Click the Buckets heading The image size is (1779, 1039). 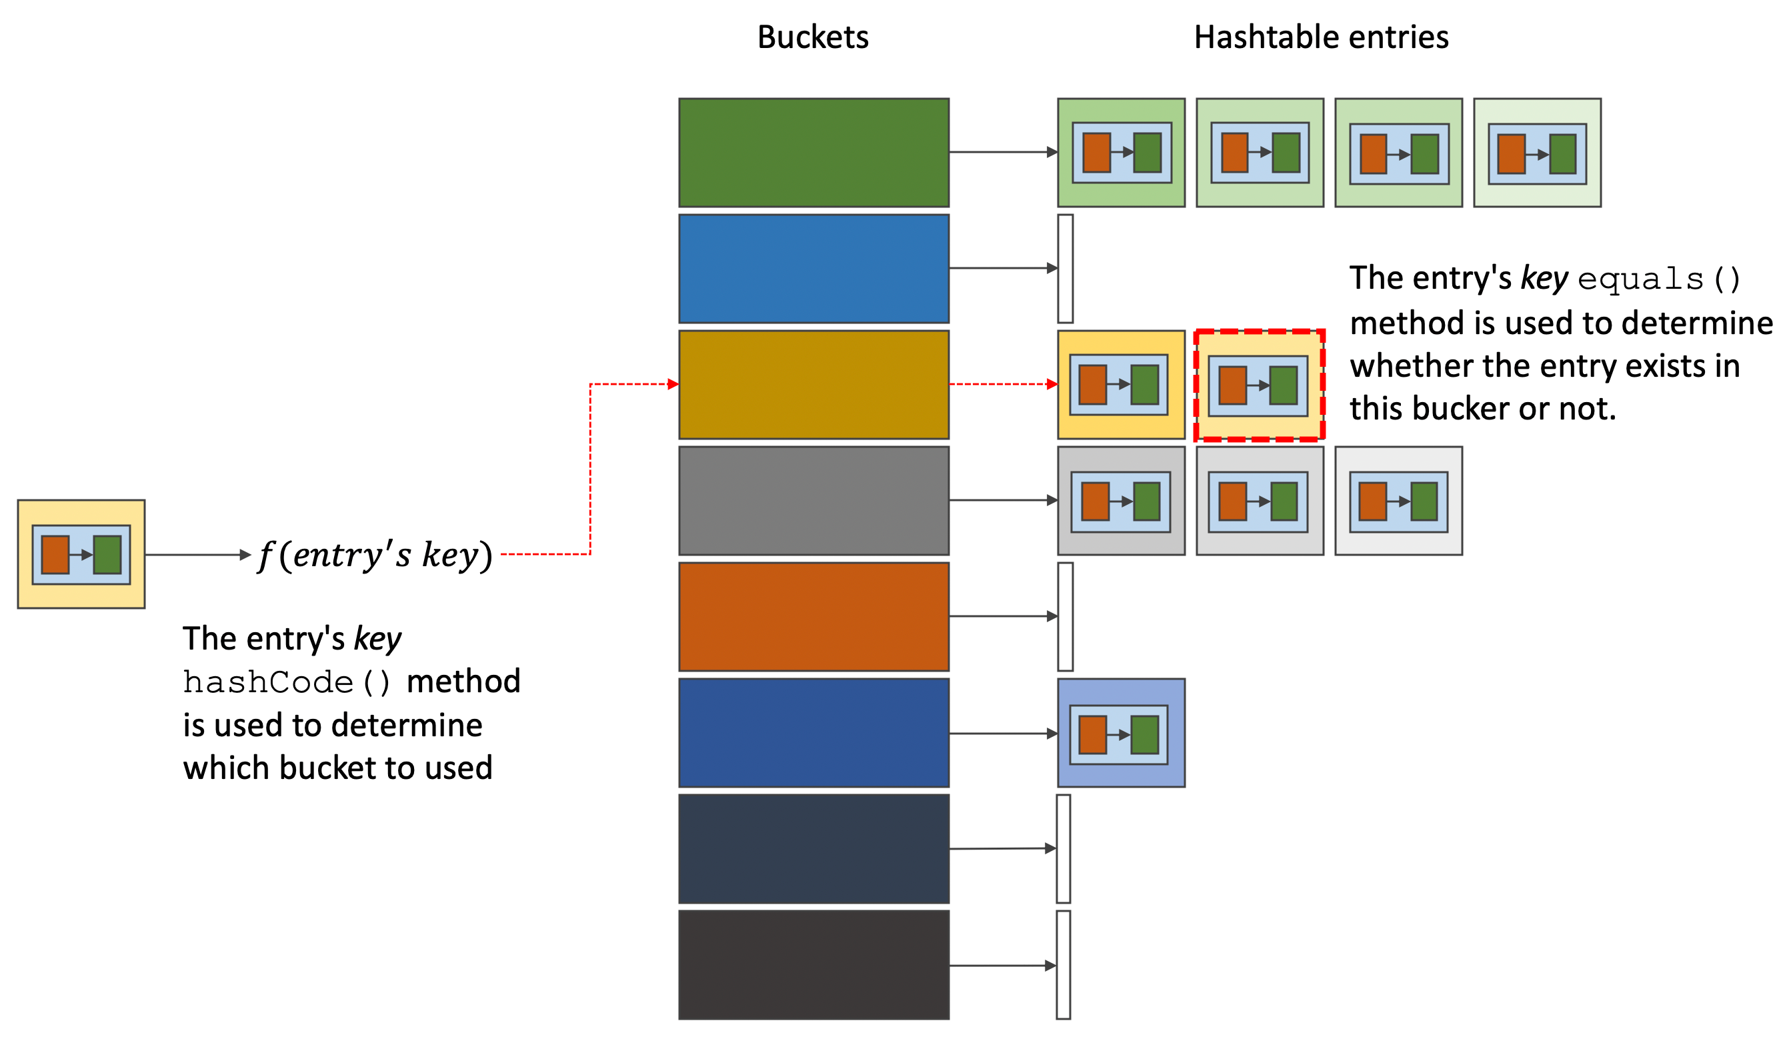point(813,37)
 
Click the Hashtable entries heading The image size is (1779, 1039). point(1321,37)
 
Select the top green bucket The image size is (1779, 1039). point(813,153)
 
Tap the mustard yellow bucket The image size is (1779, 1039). point(813,385)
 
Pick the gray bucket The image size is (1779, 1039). point(813,500)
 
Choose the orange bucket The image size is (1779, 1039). point(813,616)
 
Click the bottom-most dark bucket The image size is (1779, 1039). point(813,965)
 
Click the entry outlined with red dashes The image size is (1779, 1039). point(1260,385)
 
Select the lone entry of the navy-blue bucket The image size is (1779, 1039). point(1121,733)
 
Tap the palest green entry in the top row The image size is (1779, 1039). point(1537,153)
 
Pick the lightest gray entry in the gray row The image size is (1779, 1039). point(1398,500)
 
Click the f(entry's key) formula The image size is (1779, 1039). point(375,555)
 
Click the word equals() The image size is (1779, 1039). point(1658,279)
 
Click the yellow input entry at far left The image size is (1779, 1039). point(81,554)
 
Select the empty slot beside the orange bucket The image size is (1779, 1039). point(1066,616)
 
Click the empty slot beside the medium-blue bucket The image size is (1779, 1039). point(1066,268)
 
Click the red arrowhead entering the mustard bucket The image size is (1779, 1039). point(673,384)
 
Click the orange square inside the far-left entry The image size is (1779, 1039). point(55,555)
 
